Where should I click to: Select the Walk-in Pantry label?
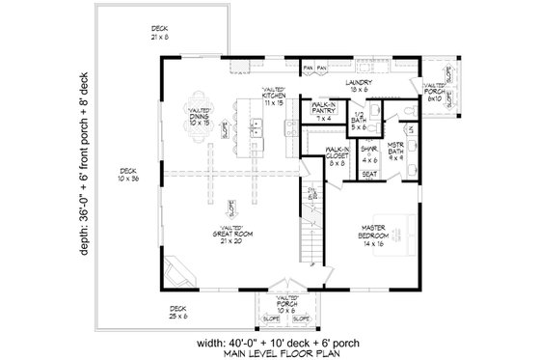pos(323,113)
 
